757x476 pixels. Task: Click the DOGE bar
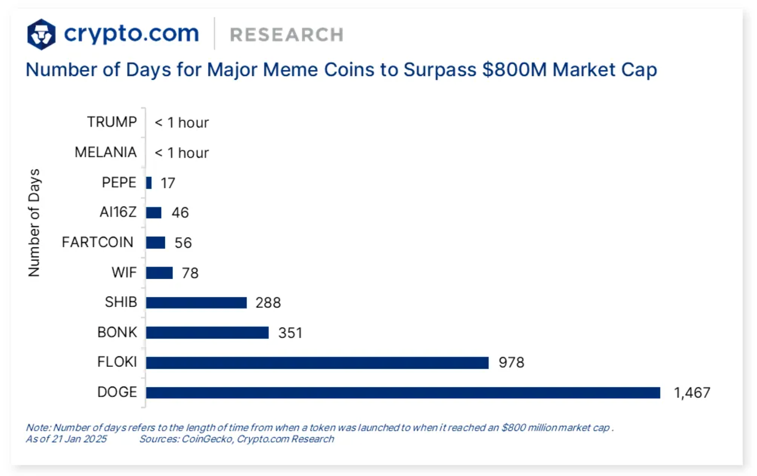click(403, 393)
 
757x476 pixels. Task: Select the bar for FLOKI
click(317, 363)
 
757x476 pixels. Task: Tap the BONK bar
click(207, 333)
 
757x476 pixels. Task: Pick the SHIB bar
click(196, 302)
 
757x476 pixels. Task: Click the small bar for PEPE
click(149, 183)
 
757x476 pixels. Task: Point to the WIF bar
click(159, 273)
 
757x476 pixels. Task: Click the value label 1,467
click(692, 393)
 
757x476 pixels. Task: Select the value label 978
click(511, 363)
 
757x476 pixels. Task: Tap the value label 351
click(290, 333)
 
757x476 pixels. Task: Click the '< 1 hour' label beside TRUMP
click(181, 123)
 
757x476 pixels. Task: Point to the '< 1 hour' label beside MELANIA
click(181, 153)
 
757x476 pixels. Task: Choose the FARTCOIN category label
click(97, 242)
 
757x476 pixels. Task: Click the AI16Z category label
click(118, 212)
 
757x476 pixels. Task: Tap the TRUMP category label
click(112, 122)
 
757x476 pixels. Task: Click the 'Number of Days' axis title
click(34, 223)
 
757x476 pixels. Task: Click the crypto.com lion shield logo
click(41, 34)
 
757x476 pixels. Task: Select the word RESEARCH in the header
click(287, 35)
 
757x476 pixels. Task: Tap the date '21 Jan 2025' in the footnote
click(79, 439)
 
